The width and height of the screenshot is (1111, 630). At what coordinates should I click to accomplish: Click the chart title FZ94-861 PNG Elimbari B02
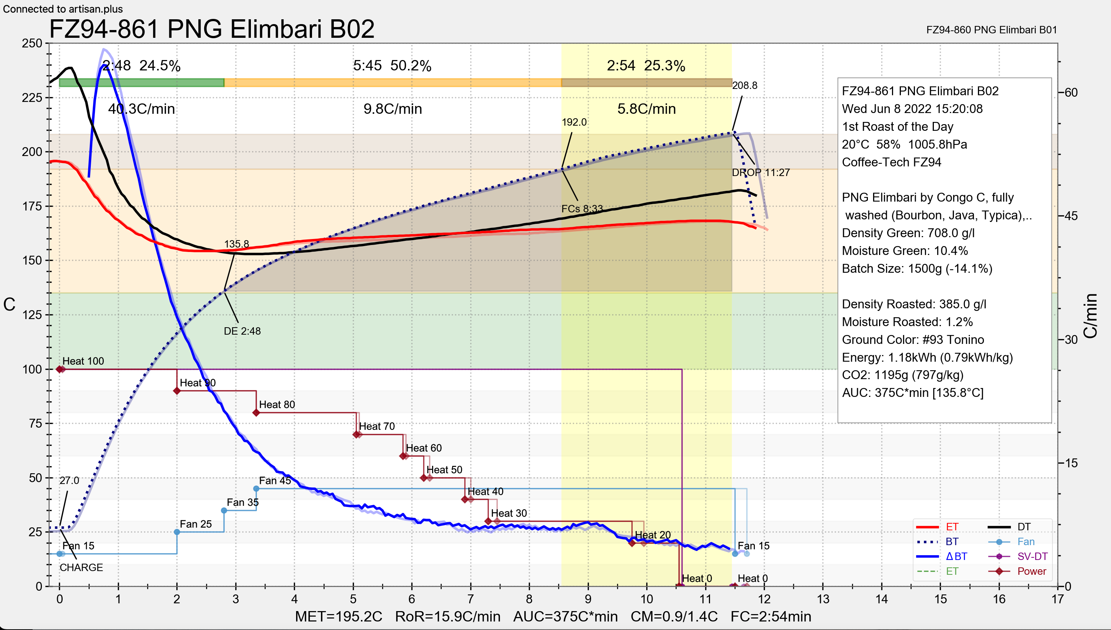212,29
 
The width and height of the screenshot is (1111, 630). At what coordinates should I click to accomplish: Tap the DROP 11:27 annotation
760,173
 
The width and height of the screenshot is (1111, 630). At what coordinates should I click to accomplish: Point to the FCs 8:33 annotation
581,209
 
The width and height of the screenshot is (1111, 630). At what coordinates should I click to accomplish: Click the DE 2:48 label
242,331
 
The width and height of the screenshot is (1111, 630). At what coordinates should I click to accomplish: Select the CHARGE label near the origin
81,568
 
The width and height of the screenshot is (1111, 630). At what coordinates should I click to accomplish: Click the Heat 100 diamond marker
60,369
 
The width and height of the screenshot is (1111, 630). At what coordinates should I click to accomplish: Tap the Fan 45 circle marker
256,488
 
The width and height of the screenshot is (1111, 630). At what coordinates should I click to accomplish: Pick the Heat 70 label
377,427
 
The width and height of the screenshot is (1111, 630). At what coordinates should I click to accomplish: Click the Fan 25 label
196,524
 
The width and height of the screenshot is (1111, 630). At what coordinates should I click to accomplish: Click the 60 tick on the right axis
1071,93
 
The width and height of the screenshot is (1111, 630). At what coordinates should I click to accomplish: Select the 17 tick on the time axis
1057,599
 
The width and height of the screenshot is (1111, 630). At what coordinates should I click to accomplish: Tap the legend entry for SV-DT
1032,557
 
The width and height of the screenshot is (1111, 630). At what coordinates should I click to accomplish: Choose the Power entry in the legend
1031,571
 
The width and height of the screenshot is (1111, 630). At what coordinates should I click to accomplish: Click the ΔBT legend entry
956,557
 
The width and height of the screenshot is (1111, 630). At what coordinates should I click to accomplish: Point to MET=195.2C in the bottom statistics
338,617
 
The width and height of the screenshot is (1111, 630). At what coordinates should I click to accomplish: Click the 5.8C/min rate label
646,109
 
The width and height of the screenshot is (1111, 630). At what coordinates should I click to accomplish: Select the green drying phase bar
142,83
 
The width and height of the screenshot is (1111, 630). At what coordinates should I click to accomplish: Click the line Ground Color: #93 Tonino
913,340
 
